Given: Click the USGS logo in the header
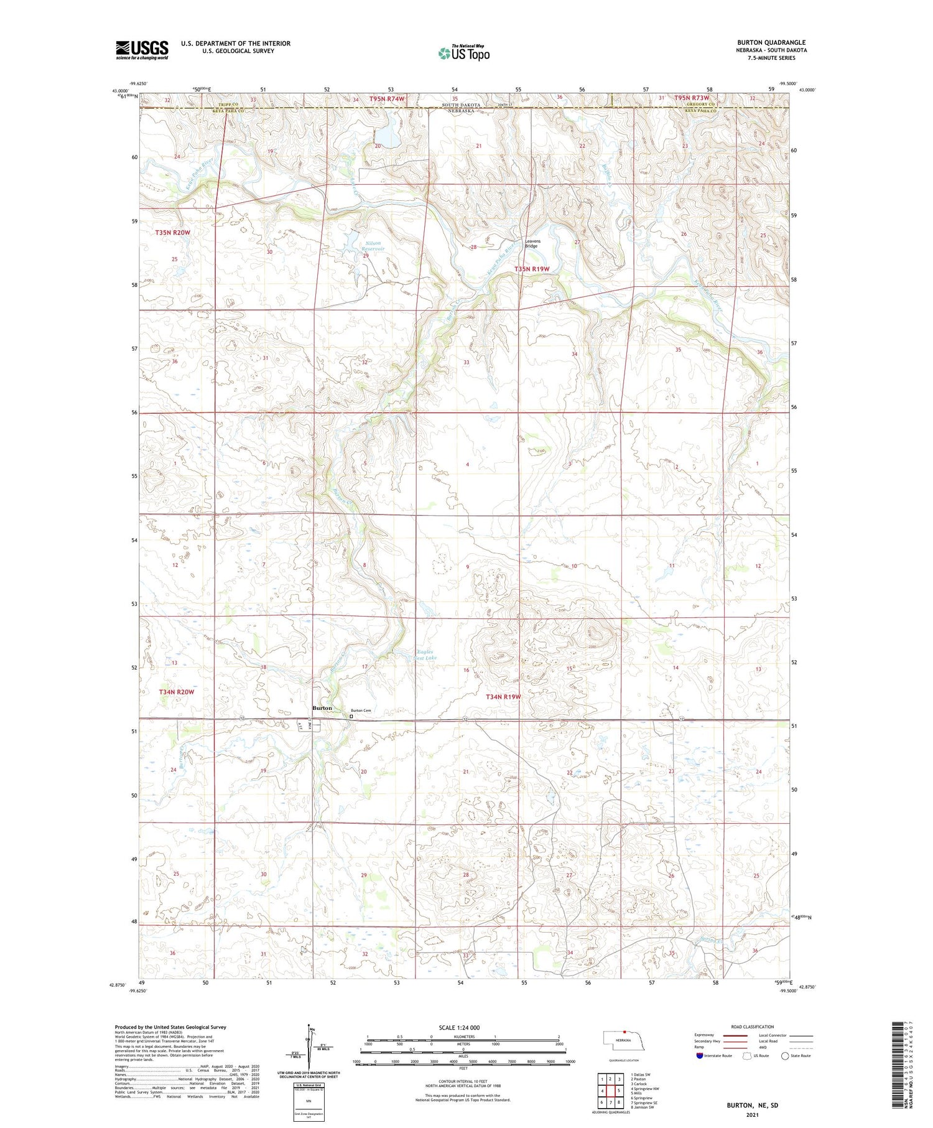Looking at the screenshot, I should (x=142, y=50).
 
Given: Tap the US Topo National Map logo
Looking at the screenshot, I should (x=463, y=53).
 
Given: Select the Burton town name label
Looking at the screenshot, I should (x=322, y=708).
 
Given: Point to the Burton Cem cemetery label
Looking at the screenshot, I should (x=361, y=711).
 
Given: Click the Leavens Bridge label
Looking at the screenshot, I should (x=531, y=243).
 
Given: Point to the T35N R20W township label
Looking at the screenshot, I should (x=172, y=232).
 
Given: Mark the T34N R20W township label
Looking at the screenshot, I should (x=176, y=692).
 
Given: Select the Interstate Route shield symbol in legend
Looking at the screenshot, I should (x=700, y=1055).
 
